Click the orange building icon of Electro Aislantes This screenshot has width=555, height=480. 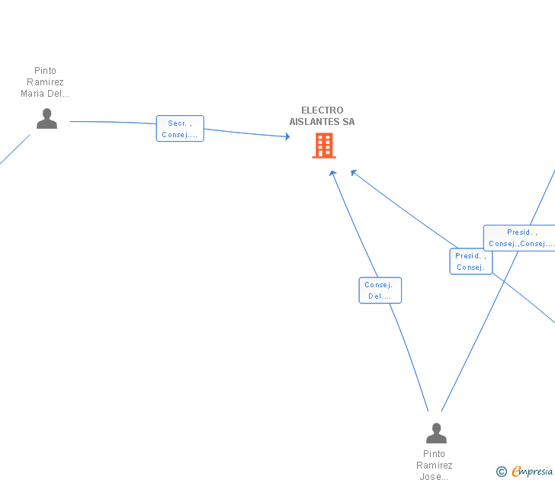[324, 146]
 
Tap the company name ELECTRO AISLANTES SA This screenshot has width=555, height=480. [322, 116]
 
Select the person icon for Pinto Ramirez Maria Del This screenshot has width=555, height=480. [47, 119]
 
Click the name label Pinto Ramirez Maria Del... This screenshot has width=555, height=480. [45, 82]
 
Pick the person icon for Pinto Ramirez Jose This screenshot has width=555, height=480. [436, 433]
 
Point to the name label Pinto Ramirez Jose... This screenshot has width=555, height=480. [435, 465]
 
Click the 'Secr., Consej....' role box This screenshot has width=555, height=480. [180, 129]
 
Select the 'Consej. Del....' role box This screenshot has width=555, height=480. [380, 290]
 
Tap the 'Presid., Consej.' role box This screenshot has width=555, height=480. [471, 261]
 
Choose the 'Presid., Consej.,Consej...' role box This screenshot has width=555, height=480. [519, 238]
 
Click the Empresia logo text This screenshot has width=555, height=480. [532, 471]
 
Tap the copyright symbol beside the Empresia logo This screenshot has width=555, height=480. [502, 472]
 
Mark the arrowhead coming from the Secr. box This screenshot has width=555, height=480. [287, 136]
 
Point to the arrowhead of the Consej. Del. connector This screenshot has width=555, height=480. [332, 173]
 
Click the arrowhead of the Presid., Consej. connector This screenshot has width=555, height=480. [354, 172]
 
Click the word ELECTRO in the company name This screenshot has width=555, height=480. [322, 110]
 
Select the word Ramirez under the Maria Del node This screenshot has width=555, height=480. [45, 82]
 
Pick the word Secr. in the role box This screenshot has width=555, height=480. [177, 123]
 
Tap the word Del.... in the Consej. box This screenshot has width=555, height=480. [380, 296]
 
